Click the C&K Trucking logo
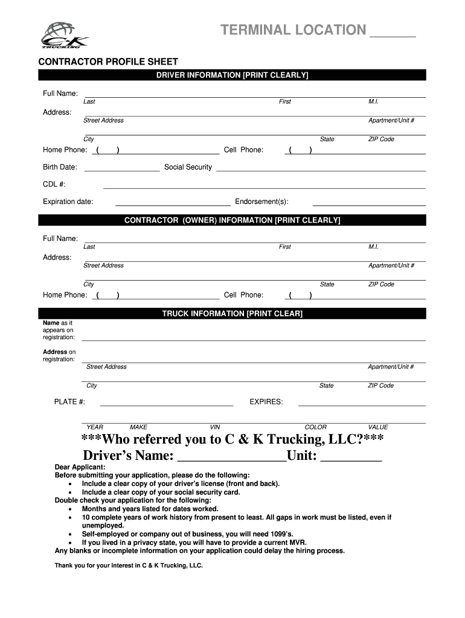pyautogui.click(x=64, y=36)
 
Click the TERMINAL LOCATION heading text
pyautogui.click(x=293, y=30)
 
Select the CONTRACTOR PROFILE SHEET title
pyautogui.click(x=108, y=62)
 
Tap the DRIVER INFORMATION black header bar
pyautogui.click(x=232, y=75)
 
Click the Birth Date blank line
pyautogui.click(x=122, y=171)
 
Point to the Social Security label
pyautogui.click(x=188, y=167)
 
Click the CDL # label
pyautogui.click(x=54, y=184)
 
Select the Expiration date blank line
pyautogui.click(x=173, y=205)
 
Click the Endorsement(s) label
pyautogui.click(x=261, y=202)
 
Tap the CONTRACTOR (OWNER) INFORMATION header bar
pyautogui.click(x=232, y=220)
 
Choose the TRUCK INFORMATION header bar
pyautogui.click(x=232, y=314)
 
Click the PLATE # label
pyautogui.click(x=69, y=402)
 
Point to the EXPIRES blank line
pyautogui.click(x=362, y=405)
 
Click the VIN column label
pyautogui.click(x=215, y=427)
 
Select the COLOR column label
pyautogui.click(x=315, y=427)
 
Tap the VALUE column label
pyautogui.click(x=378, y=427)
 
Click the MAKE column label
pyautogui.click(x=138, y=427)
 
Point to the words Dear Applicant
pyautogui.click(x=80, y=467)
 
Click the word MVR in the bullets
pyautogui.click(x=290, y=543)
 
